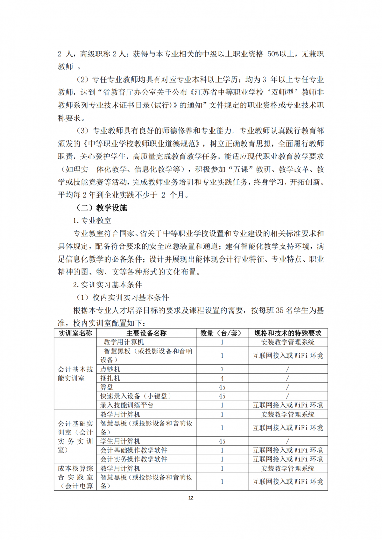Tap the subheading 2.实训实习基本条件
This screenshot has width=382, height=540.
107,285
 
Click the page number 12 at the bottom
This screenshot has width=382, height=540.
191,498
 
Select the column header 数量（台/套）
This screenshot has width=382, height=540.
222,333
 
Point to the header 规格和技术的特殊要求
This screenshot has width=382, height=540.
287,333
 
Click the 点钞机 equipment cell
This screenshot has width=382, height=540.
110,369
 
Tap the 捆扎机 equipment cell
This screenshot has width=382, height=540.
110,378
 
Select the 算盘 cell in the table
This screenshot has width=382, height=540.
107,387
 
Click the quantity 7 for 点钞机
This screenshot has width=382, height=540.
222,369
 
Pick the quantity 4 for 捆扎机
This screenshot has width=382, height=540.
222,378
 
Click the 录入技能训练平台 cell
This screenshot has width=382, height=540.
127,405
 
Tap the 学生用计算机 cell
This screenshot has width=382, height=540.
120,441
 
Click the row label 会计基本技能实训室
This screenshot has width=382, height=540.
75,373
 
